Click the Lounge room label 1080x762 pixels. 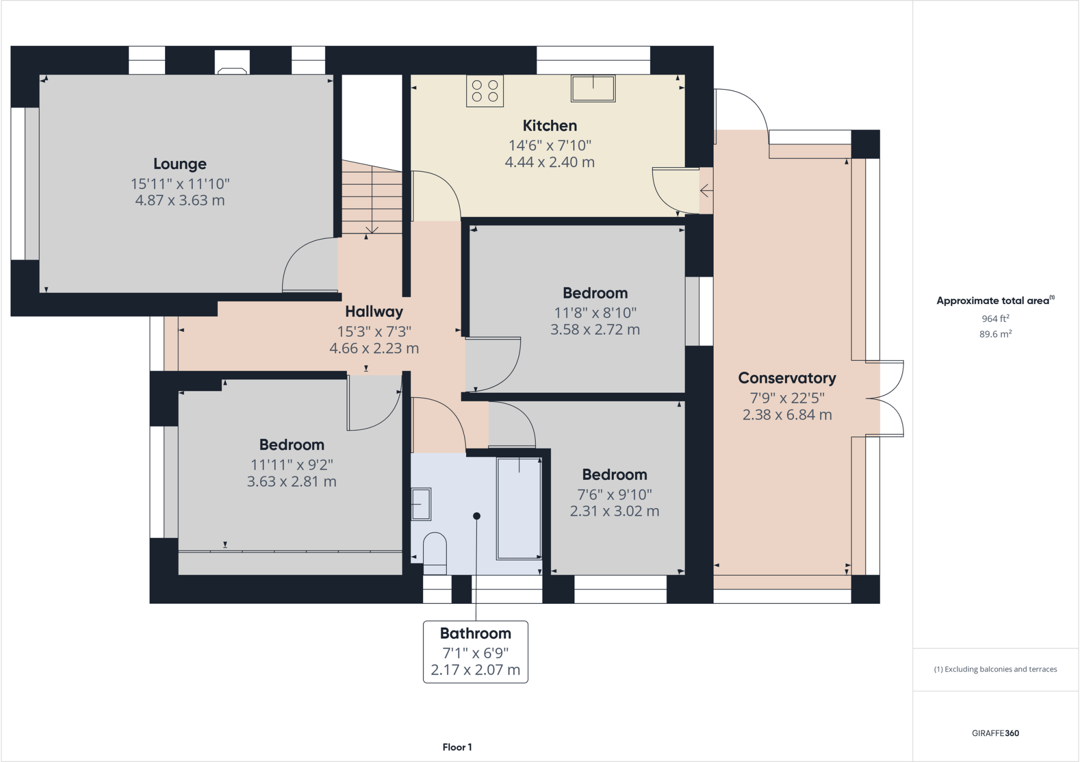[180, 164]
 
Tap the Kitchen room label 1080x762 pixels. [549, 125]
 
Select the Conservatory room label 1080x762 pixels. [787, 378]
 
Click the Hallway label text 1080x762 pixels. [374, 312]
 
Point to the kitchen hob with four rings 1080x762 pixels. [485, 91]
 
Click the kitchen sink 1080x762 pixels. [593, 88]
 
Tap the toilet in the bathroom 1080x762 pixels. [435, 553]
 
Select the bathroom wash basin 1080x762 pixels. [421, 504]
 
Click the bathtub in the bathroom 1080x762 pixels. [519, 508]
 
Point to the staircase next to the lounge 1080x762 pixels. [372, 196]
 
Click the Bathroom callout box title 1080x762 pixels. [476, 633]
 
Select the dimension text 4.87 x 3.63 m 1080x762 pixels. [180, 200]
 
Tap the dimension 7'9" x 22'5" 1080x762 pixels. [787, 398]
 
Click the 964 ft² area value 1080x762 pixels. [996, 318]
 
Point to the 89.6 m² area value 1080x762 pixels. [996, 334]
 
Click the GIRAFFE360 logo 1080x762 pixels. [996, 733]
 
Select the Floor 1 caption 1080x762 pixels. [457, 747]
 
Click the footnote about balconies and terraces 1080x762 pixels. [996, 669]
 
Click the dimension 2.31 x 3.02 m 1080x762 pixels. [614, 511]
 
